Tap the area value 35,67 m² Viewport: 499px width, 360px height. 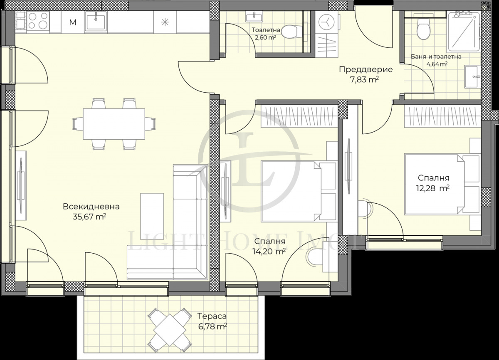click(89, 216)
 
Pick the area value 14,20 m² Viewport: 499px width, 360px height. click(269, 251)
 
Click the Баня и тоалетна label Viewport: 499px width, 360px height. click(436, 57)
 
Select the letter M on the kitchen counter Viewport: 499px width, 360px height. click(73, 22)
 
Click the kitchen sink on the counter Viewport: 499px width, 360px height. click(96, 21)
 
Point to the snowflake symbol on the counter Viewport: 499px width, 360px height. click(165, 22)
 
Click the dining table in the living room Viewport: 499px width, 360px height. click(114, 124)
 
